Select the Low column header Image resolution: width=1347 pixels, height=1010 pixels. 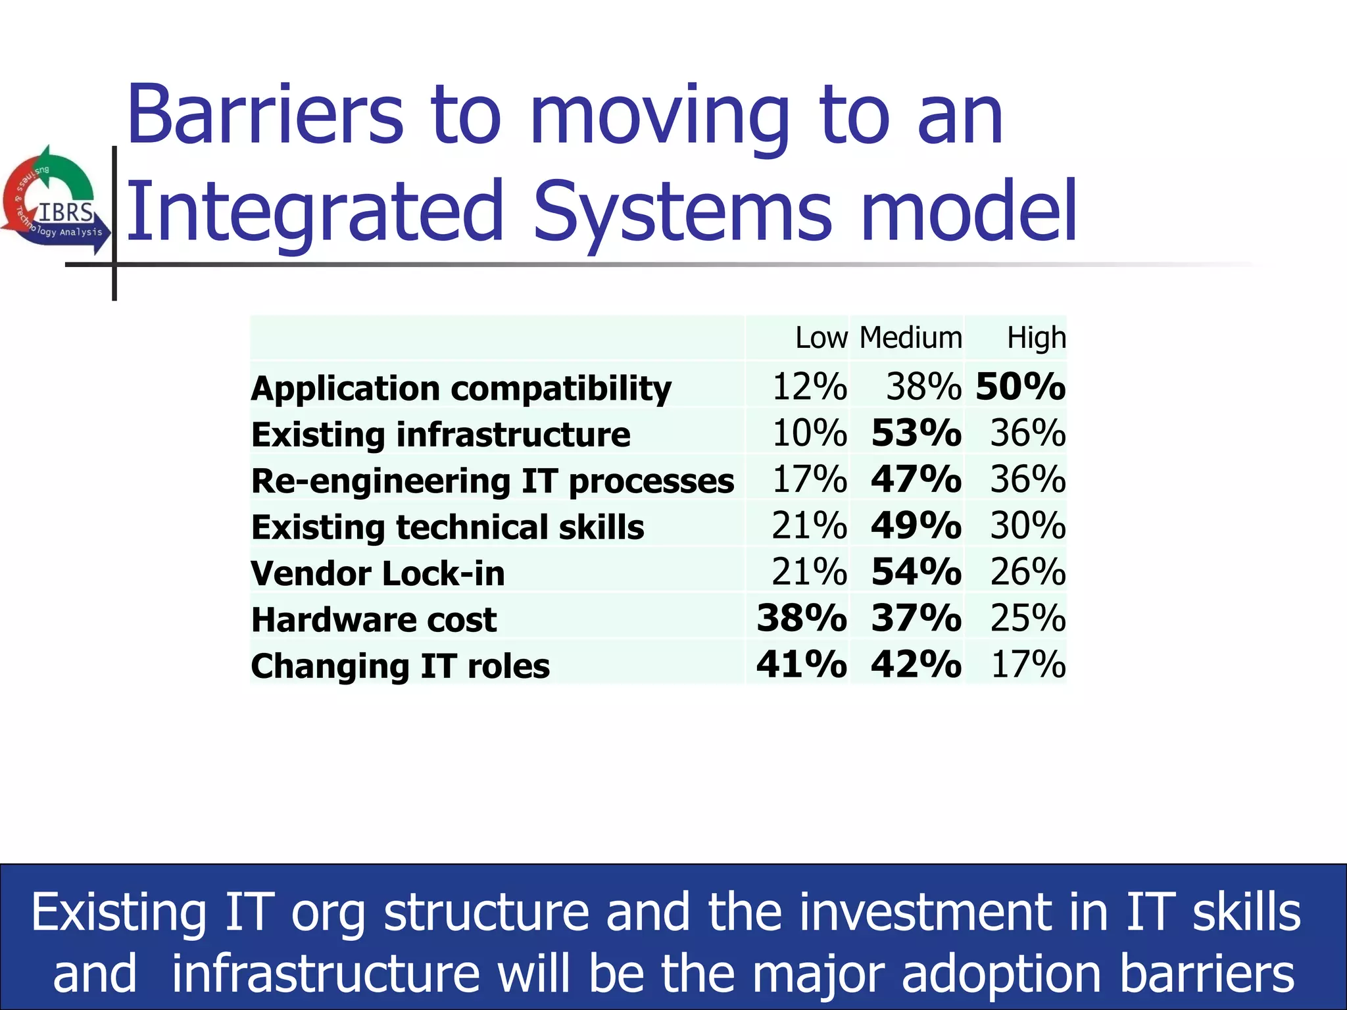[821, 338]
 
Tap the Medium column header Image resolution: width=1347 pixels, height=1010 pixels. [910, 338]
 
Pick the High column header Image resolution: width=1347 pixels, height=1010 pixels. [1036, 338]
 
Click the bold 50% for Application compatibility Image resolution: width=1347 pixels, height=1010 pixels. [1020, 386]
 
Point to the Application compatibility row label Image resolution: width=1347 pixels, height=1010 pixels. [461, 388]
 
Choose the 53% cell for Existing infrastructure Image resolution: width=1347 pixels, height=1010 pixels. [916, 433]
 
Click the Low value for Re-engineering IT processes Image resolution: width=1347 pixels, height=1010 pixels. [809, 479]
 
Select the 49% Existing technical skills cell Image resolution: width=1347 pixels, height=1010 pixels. [916, 525]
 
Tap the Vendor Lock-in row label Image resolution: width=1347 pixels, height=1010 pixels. [378, 573]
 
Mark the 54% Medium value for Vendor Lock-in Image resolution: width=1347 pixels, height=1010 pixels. [916, 571]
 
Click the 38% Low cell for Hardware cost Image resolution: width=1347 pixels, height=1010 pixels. [801, 618]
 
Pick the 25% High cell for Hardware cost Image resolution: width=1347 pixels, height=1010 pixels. [1027, 618]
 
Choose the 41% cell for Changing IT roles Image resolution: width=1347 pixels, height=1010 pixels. [801, 664]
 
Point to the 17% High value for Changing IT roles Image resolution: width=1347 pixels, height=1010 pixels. [1027, 664]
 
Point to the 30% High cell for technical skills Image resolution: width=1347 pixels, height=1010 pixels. [1027, 525]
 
